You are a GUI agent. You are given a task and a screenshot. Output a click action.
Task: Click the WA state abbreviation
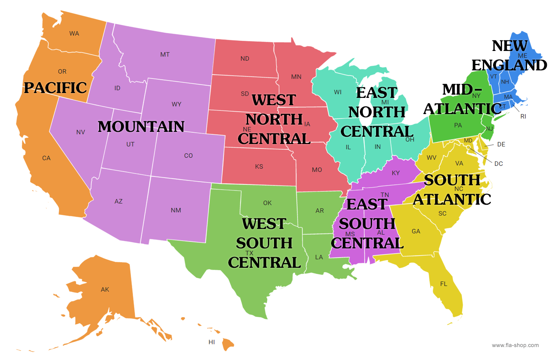pos(74,34)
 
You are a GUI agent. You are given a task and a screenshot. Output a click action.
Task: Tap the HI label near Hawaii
pos(212,342)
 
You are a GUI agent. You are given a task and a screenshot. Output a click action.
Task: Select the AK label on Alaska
pos(105,290)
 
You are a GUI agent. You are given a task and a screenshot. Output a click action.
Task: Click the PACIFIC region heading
pos(55,88)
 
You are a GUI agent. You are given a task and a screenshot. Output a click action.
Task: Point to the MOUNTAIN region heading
pos(141,127)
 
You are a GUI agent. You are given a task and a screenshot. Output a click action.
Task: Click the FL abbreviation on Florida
pos(444,284)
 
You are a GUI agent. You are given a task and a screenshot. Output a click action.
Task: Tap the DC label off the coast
pos(499,164)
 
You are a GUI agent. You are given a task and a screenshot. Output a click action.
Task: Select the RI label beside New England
pos(523,116)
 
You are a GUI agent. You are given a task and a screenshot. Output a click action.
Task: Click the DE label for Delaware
pos(501,144)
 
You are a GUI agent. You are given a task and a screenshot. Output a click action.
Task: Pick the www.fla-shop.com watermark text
pos(515,345)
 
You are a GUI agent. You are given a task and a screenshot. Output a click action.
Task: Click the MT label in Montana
pos(165,55)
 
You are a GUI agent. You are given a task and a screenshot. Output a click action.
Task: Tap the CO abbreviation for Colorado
pos(189,156)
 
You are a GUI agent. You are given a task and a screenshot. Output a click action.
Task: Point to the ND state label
pos(245,59)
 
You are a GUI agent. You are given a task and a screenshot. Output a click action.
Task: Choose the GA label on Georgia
pos(416,231)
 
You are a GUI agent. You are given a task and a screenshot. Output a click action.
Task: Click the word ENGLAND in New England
pos(509,65)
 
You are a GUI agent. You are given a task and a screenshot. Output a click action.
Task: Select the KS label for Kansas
pos(259,167)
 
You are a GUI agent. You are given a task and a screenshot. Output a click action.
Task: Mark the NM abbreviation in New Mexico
pos(176,210)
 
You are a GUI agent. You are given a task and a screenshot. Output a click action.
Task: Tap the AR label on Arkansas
pos(320,211)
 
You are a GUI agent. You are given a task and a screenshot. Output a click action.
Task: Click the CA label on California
pos(47,158)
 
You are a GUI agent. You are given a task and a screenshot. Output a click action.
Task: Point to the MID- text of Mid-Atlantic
pos(462,89)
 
